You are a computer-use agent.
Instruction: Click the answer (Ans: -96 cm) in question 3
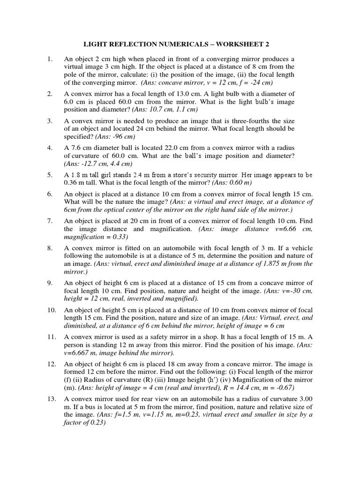coord(115,137)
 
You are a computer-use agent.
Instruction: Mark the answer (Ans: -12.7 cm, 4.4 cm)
coord(98,164)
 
